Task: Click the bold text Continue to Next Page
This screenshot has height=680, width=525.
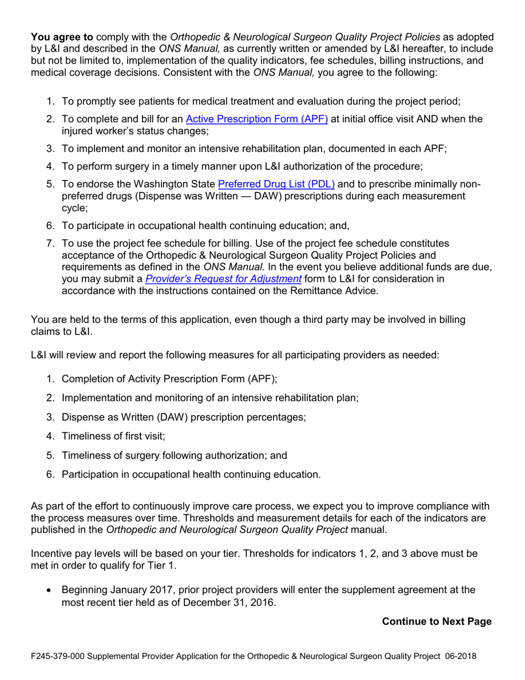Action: tap(437, 621)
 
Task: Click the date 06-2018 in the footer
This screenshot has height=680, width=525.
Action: tap(461, 658)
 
